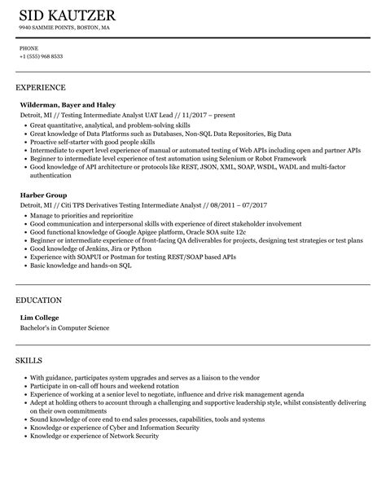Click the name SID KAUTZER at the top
[x=66, y=15]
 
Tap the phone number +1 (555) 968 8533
[x=41, y=56]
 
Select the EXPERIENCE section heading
[x=41, y=86]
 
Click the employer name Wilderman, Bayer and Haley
[x=68, y=105]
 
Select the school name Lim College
[x=40, y=318]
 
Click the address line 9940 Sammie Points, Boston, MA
[x=64, y=27]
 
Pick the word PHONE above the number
[x=29, y=48]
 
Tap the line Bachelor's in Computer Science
[x=64, y=328]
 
